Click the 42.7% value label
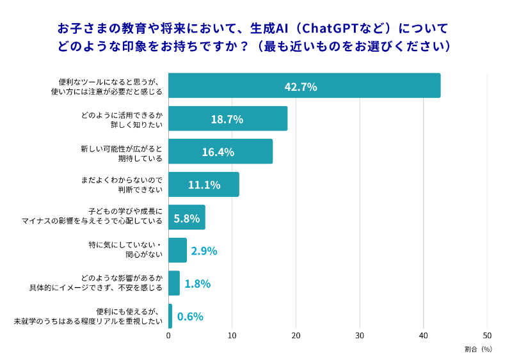[x=300, y=86]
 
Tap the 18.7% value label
[x=227, y=119]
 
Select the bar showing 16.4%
[x=220, y=152]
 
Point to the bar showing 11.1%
[x=204, y=184]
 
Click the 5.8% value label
[x=187, y=217]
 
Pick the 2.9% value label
[x=204, y=251]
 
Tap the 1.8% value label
[x=197, y=283]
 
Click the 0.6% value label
[x=190, y=317]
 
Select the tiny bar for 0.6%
[x=170, y=317]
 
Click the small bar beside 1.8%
[x=174, y=283]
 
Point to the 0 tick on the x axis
[x=168, y=336]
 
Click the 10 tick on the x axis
[x=232, y=336]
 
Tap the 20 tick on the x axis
[x=296, y=336]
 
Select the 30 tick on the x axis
[x=360, y=336]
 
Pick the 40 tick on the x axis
[x=424, y=336]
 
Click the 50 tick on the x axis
[x=487, y=336]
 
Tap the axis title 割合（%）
[x=478, y=349]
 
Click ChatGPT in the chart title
[x=328, y=29]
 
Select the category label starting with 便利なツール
[x=109, y=86]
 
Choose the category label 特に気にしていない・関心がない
[x=125, y=250]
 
